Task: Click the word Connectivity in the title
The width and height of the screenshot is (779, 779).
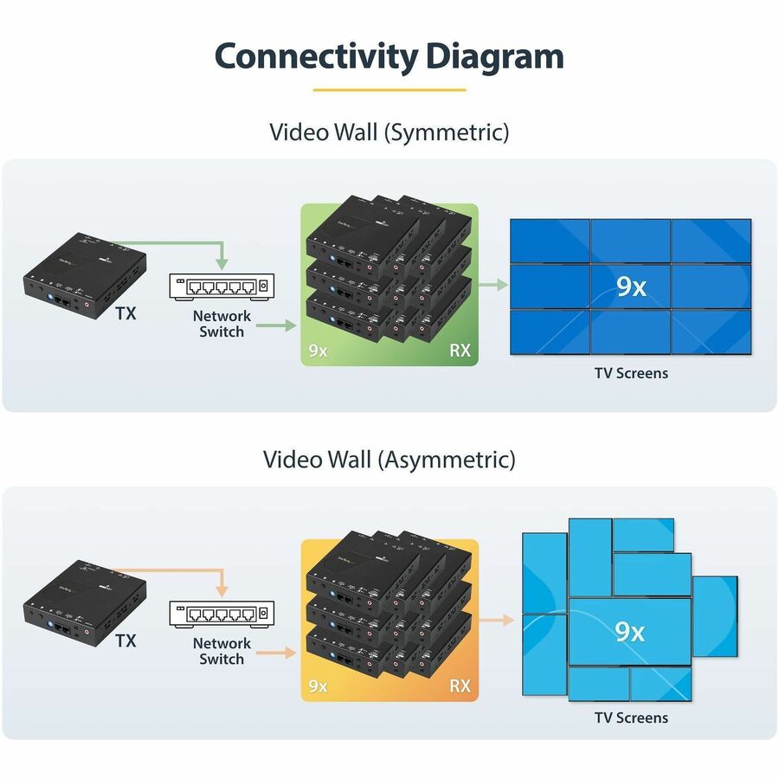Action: (315, 56)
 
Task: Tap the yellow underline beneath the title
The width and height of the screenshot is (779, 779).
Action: (389, 89)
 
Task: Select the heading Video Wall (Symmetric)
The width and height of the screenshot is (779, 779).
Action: (389, 132)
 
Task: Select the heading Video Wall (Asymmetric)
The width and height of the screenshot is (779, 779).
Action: (389, 460)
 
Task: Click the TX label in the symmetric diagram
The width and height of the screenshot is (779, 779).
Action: (126, 313)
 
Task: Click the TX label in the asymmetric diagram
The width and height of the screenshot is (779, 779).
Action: (126, 641)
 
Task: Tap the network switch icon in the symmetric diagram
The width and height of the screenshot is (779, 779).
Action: (222, 286)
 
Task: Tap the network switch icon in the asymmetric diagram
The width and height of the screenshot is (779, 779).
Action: (222, 614)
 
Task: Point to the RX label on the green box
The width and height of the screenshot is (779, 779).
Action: (460, 351)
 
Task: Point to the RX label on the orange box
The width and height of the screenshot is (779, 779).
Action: (460, 686)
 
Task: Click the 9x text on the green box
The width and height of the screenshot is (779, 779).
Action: (318, 351)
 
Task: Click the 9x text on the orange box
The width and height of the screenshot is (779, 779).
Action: (318, 686)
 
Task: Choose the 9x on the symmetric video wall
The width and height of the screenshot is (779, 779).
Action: (631, 286)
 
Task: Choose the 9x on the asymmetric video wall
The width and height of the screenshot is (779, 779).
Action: (629, 631)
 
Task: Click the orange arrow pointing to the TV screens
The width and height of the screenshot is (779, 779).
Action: (496, 620)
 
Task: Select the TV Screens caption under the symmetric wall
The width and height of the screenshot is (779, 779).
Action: (631, 373)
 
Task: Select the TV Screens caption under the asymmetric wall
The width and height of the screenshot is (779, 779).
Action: (631, 718)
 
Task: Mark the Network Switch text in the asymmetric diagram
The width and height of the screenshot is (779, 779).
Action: (222, 651)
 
